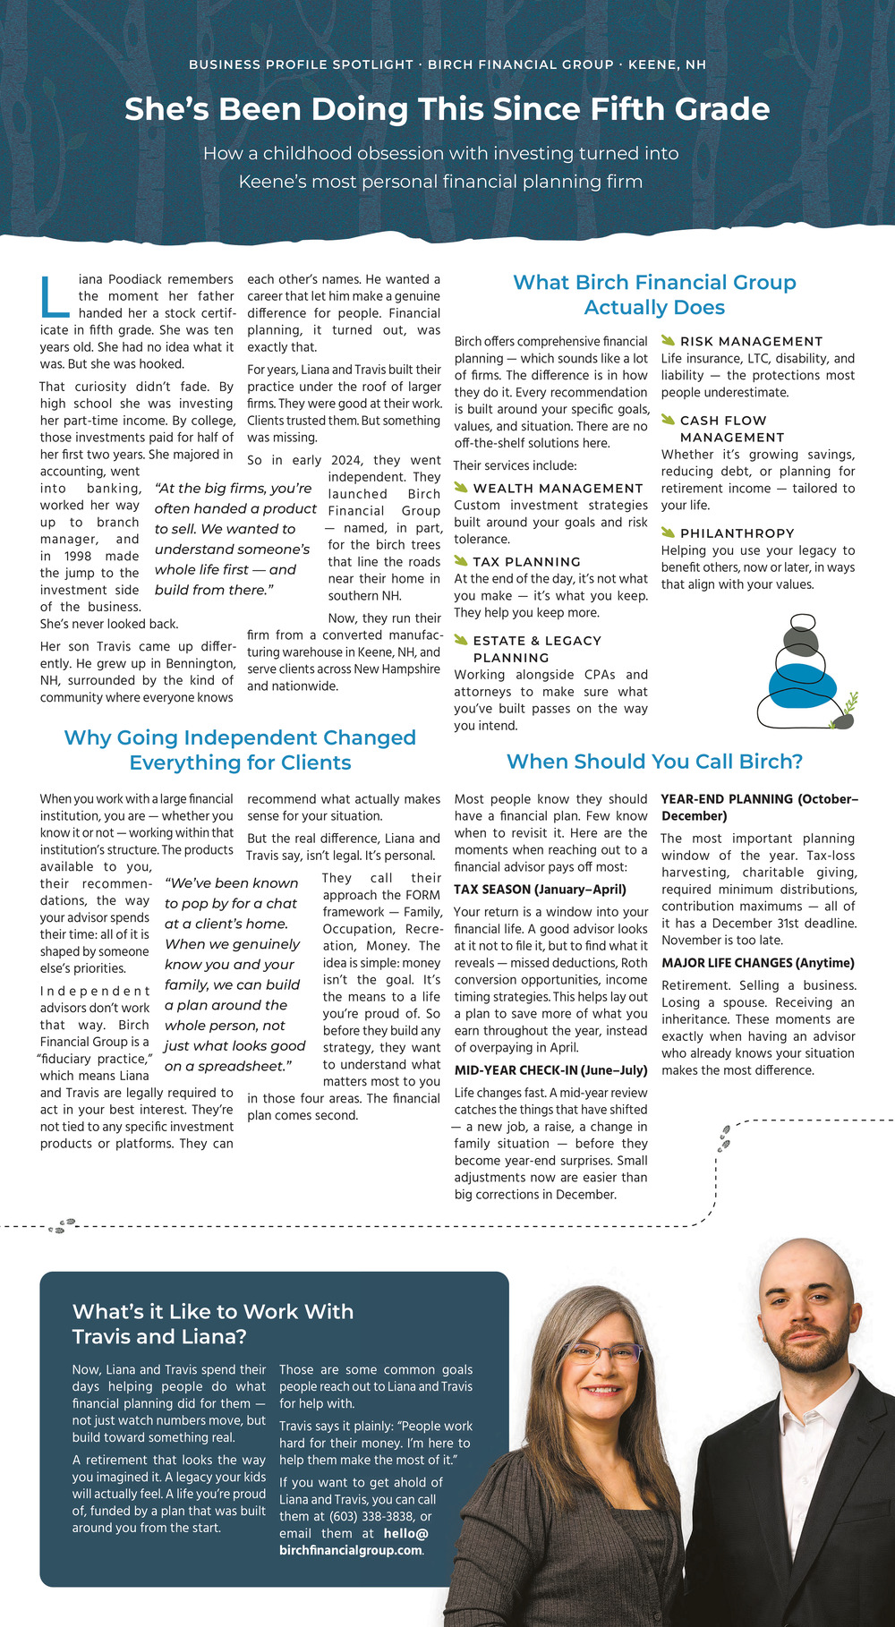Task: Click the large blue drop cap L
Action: coord(55,298)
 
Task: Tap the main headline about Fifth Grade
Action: coord(447,109)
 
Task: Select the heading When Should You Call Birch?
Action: coord(654,762)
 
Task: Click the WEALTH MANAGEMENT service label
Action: coord(558,489)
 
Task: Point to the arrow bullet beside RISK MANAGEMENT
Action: coord(668,340)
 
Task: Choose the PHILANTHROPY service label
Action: coord(737,533)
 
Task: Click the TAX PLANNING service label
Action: coord(526,562)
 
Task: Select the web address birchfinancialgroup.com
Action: coord(350,1550)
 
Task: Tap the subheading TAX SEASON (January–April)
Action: coord(540,890)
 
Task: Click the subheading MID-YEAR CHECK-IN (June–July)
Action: coord(550,1070)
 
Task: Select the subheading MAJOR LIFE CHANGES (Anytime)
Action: coord(757,963)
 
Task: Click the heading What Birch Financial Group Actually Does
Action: coord(654,294)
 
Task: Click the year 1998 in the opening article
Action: coord(78,556)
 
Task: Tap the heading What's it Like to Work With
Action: coord(213,1312)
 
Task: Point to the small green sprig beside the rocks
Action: coord(850,702)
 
